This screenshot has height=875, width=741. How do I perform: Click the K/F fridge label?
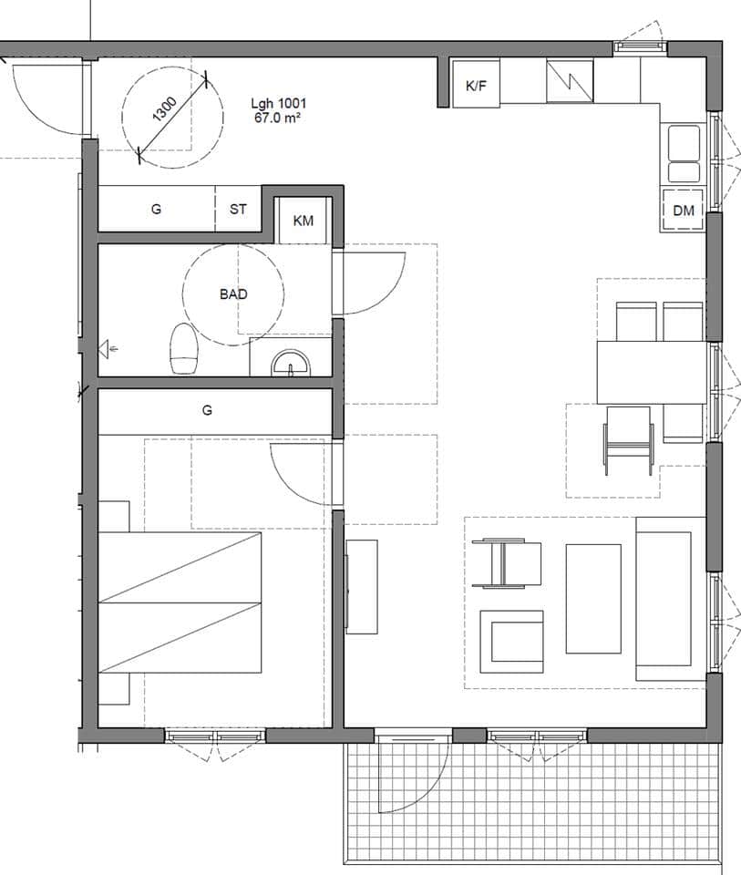tap(476, 86)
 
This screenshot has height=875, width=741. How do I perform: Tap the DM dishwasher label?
tap(684, 211)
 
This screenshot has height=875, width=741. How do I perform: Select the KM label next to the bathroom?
tap(303, 221)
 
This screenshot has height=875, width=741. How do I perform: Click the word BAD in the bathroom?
tap(233, 294)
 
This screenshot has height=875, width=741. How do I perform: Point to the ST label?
tap(238, 210)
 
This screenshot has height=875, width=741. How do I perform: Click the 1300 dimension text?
tap(165, 109)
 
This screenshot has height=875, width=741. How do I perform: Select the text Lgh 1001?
tap(278, 103)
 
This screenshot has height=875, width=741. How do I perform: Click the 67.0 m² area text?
tap(278, 118)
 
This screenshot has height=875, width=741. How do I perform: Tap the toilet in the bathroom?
tap(185, 349)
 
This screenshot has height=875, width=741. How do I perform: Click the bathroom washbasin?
tap(291, 363)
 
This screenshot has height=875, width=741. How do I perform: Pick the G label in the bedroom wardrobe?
tap(207, 411)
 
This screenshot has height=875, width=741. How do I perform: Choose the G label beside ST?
tap(156, 210)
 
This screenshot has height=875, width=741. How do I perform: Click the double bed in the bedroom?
tap(180, 602)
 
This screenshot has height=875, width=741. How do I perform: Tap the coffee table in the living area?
tap(593, 599)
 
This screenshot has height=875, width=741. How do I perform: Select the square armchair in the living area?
tap(511, 642)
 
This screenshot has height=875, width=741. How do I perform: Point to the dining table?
tap(652, 372)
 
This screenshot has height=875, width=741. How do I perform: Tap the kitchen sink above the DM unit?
tap(684, 153)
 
